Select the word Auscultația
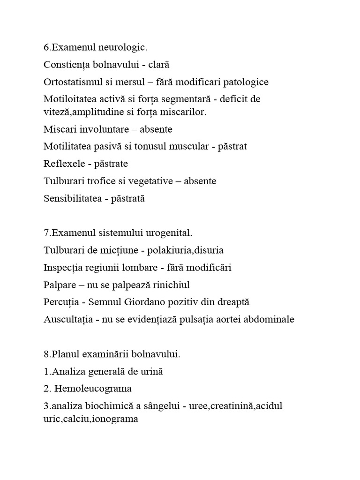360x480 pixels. click(67, 320)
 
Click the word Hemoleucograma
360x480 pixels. click(93, 389)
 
